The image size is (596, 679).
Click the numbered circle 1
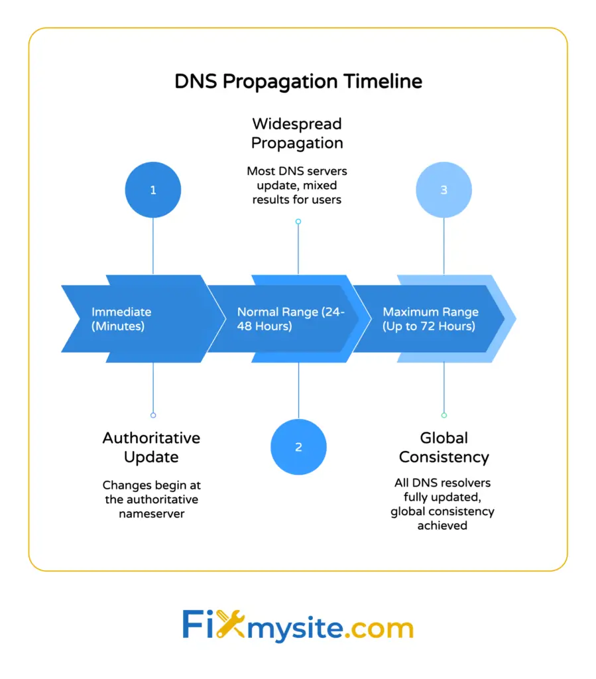click(x=153, y=190)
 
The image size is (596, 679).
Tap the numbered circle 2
click(x=298, y=447)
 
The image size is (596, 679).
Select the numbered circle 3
click(x=444, y=190)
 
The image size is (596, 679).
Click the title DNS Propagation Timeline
click(x=298, y=82)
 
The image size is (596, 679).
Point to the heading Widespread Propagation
click(x=297, y=133)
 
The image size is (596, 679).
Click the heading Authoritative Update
click(x=151, y=448)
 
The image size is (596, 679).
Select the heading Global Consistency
click(x=444, y=448)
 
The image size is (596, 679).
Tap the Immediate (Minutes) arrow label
click(x=121, y=319)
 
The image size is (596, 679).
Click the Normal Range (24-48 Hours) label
click(x=290, y=319)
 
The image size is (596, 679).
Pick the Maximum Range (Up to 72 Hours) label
click(x=430, y=319)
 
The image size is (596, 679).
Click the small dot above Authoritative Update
click(x=153, y=415)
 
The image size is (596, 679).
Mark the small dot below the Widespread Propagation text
click(x=298, y=221)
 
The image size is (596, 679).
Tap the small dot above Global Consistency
click(x=444, y=415)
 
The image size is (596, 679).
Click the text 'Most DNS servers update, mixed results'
click(x=297, y=185)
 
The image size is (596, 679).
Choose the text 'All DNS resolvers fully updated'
click(x=443, y=504)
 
